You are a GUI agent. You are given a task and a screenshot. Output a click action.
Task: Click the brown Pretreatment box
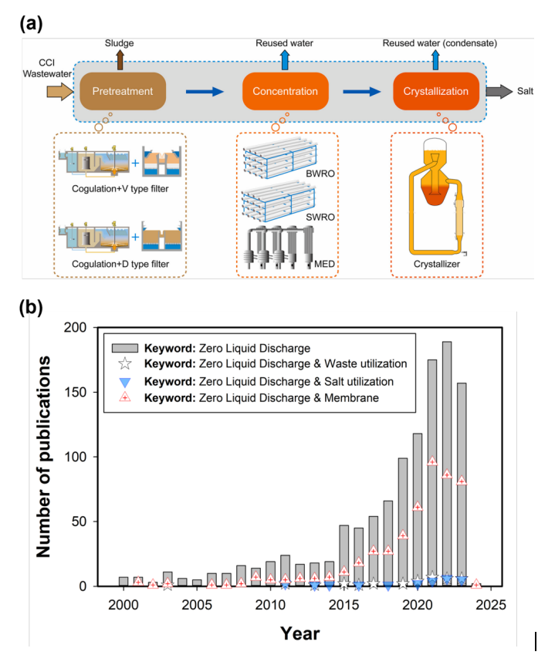tap(123, 92)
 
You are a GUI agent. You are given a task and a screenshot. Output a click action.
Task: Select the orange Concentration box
tap(285, 92)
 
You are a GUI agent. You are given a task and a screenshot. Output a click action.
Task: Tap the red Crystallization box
tap(435, 92)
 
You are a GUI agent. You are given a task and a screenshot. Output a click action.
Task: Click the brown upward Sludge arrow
tap(118, 59)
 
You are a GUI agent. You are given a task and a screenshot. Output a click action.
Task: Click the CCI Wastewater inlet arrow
tap(57, 93)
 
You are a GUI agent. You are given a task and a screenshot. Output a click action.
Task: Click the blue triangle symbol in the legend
tap(123, 382)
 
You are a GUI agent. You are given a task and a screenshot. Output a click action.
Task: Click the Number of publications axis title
tap(46, 456)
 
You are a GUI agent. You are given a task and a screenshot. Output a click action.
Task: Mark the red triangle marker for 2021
tap(432, 461)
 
